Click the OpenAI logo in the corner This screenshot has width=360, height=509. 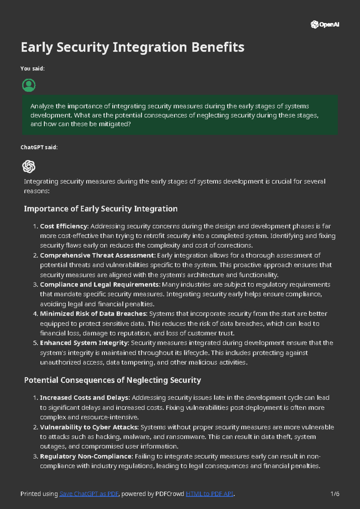325,25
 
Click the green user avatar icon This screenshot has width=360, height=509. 29,85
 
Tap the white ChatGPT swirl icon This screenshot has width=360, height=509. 29,167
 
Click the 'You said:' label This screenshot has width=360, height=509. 32,69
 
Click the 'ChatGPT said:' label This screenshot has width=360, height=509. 39,147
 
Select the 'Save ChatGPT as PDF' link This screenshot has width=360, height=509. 89,494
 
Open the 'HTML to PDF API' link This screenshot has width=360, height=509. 209,494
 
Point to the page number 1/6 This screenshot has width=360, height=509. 335,494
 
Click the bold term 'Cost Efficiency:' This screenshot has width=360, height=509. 64,226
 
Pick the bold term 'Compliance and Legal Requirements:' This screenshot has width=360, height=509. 100,284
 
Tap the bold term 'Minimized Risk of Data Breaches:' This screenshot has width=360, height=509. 94,314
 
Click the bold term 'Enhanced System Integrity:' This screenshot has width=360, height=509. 85,343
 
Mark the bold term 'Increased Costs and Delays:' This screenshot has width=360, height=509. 85,398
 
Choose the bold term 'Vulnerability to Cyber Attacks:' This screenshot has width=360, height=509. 89,427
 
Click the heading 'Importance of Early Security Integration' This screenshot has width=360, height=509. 100,209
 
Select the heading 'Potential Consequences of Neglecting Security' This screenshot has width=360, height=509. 112,380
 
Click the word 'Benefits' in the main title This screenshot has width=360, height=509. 218,47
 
